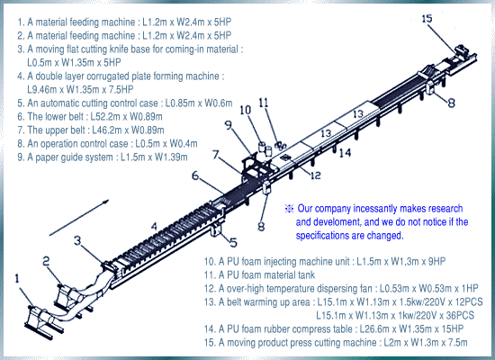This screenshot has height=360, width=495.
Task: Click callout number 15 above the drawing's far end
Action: (x=427, y=19)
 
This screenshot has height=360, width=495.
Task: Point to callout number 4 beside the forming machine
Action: (x=154, y=227)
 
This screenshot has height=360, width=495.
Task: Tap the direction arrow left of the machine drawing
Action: (x=79, y=218)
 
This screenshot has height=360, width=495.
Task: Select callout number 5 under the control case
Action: (x=233, y=242)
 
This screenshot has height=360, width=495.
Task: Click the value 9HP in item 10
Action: (x=436, y=262)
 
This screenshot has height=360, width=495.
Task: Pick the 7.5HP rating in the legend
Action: (x=121, y=89)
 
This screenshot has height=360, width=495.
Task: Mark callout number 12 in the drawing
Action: (x=315, y=175)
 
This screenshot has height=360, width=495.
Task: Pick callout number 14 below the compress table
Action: (x=345, y=153)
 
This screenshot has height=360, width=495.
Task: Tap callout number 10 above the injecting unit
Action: (x=246, y=110)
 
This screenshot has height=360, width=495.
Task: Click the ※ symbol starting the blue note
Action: (x=289, y=209)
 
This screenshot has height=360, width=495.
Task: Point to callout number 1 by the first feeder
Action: (x=17, y=279)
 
